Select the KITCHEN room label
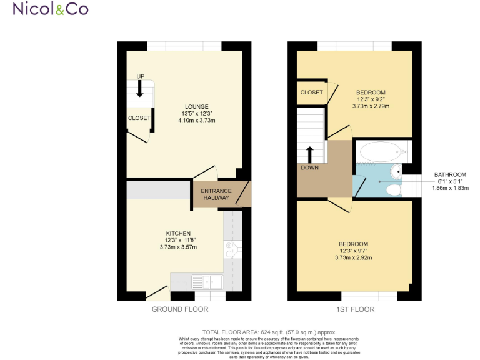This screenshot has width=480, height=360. click(178, 233)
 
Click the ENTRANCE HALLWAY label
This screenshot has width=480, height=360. click(216, 194)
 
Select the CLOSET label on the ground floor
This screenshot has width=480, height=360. click(139, 117)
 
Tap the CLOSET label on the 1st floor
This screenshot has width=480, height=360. click(311, 92)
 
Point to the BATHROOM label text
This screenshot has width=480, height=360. click(451, 174)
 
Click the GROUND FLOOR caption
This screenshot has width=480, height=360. click(180, 309)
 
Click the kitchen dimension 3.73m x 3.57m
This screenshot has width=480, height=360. click(178, 247)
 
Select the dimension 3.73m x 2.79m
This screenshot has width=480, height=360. click(371, 106)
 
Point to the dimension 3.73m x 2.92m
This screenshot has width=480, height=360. click(353, 257)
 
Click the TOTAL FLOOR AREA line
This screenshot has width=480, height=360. click(269, 332)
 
